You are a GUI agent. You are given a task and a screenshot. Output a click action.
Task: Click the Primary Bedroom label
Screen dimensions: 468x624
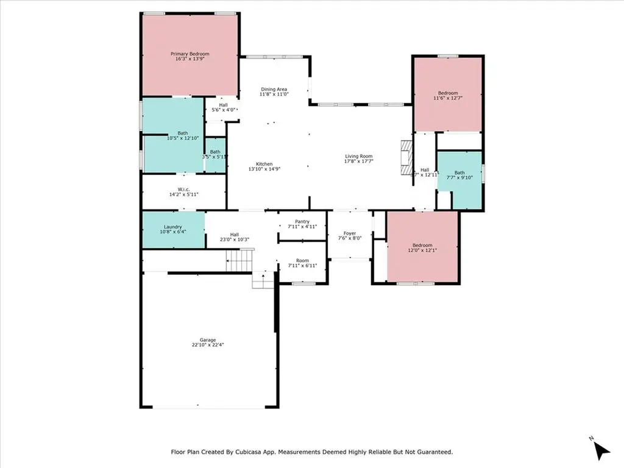(x=190, y=54)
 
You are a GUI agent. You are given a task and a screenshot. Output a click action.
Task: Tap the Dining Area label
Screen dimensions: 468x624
(x=274, y=89)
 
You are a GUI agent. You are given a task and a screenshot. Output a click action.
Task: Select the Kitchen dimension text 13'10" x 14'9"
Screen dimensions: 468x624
(x=264, y=169)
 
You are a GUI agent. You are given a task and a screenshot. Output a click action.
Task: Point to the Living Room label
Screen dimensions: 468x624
(x=358, y=156)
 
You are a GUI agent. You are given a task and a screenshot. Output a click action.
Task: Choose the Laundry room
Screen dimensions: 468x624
(x=173, y=229)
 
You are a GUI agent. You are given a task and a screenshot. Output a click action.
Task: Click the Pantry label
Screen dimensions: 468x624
(x=302, y=222)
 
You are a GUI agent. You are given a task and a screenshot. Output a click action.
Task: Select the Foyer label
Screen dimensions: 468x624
(x=350, y=233)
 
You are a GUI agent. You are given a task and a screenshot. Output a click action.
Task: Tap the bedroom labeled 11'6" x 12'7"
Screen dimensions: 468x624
(x=448, y=95)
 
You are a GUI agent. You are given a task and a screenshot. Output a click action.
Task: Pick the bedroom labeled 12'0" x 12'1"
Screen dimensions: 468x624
(x=422, y=247)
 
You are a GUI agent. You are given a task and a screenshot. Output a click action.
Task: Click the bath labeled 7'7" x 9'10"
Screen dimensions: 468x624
(x=459, y=175)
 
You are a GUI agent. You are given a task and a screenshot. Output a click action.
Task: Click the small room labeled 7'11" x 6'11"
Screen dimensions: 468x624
(x=302, y=263)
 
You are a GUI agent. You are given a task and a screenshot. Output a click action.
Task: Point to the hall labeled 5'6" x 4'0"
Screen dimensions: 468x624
(x=223, y=107)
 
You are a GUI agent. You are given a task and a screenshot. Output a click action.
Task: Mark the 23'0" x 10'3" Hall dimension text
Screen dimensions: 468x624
(x=234, y=239)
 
